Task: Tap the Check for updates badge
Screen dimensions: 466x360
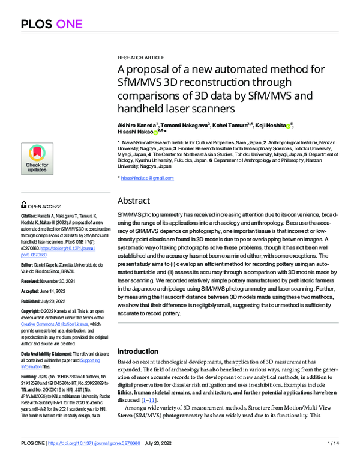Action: click(x=37, y=158)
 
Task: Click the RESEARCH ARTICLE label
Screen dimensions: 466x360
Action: click(x=140, y=53)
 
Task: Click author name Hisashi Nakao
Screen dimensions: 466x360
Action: click(x=136, y=131)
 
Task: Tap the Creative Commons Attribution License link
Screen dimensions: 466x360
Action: click(x=55, y=323)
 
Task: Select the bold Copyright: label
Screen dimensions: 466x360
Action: click(x=34, y=312)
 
